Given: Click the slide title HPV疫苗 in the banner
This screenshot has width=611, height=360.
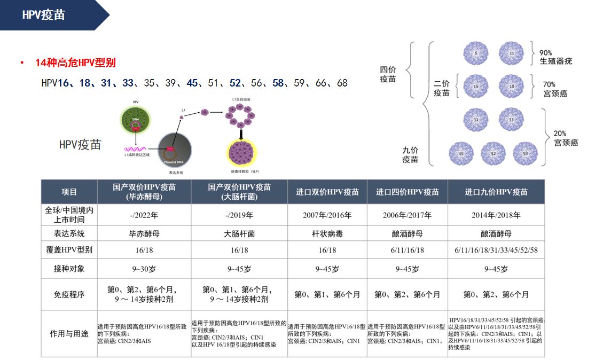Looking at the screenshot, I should point(43,15).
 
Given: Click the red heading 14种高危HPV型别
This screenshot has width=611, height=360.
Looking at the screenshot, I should point(75,63).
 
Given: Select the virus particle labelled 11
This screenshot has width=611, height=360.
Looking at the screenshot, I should point(511,54).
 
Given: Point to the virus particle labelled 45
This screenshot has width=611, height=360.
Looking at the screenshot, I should point(460,153).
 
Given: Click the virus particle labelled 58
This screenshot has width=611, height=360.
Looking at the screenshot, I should point(525,153).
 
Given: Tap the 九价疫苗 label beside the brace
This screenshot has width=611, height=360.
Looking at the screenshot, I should point(410,155).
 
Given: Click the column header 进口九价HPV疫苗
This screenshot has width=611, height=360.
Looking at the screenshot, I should point(496,192).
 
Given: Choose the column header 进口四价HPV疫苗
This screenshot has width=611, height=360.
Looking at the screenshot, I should point(407,192).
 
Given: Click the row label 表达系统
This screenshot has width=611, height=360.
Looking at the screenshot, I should point(69,233).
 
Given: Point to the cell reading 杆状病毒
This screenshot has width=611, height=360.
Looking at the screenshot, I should point(327,233).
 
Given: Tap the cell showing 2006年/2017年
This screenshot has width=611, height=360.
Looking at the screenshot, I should point(407,215).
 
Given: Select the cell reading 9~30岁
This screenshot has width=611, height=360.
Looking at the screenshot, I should point(144,269).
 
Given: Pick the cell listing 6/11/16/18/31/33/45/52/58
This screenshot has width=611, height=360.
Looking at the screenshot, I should point(496,251).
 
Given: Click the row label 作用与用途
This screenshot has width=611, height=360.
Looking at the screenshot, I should point(69,334).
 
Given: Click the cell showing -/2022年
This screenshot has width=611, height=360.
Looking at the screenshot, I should point(144,215).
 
